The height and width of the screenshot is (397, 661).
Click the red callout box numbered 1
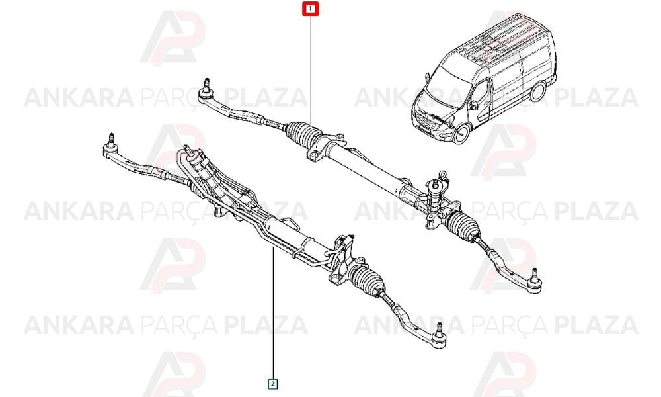click(x=311, y=9)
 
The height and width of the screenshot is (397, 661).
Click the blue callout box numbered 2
click(x=273, y=384)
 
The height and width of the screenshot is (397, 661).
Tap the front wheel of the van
click(x=462, y=133)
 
